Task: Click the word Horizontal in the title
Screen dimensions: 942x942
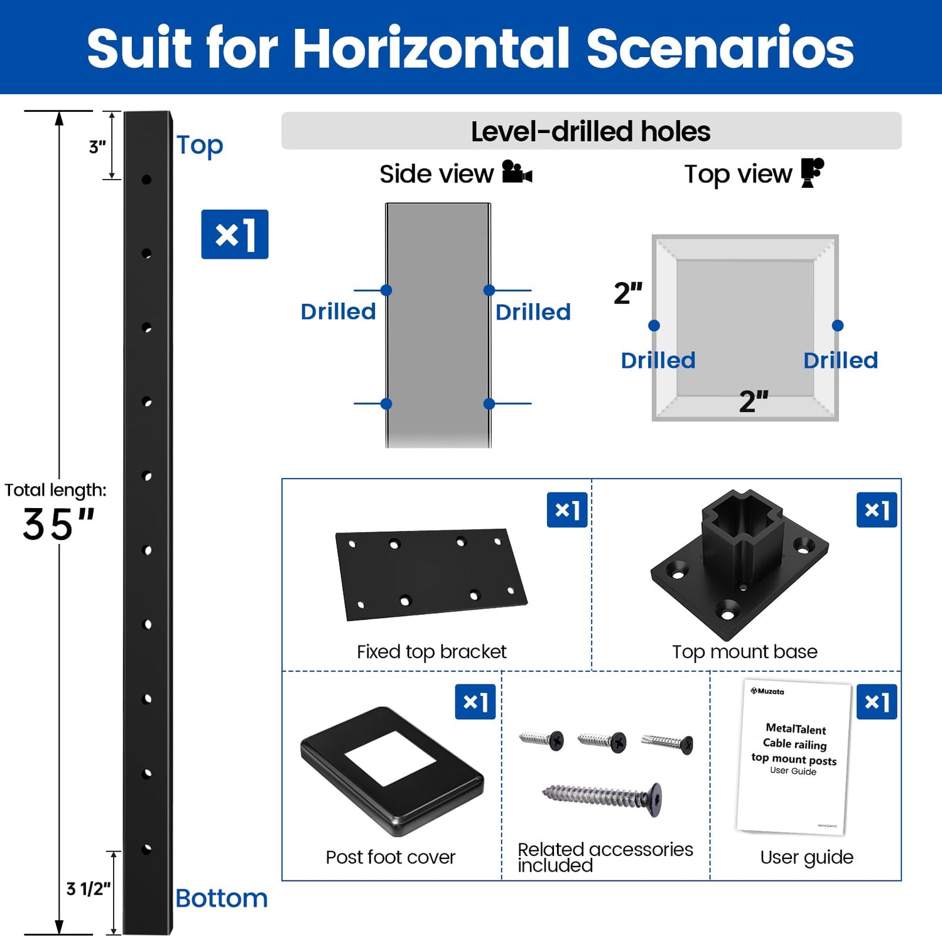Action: point(431,48)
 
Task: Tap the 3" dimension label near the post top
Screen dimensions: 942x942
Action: point(97,147)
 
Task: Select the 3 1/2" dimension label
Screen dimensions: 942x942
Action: point(88,889)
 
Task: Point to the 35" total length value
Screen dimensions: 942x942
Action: point(58,524)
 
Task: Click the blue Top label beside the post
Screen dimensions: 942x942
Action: point(200,146)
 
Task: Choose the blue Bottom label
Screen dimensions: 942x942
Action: point(222,898)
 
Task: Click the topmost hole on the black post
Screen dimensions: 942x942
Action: point(146,180)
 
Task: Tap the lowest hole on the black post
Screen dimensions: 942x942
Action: point(147,849)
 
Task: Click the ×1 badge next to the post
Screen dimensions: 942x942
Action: point(235,234)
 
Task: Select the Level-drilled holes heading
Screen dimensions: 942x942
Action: point(591,131)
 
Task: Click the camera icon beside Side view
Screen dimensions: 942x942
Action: point(517,172)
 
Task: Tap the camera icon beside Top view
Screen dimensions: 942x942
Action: point(813,173)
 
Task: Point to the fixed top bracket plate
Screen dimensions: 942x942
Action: point(431,574)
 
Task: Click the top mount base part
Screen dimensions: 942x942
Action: point(740,565)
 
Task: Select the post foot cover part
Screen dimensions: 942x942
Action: point(392,771)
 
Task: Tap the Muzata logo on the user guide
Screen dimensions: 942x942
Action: point(767,691)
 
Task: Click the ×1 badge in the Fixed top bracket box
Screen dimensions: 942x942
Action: point(567,510)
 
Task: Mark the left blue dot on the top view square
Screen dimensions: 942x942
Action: point(654,325)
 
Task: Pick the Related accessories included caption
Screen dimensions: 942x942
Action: point(605,857)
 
